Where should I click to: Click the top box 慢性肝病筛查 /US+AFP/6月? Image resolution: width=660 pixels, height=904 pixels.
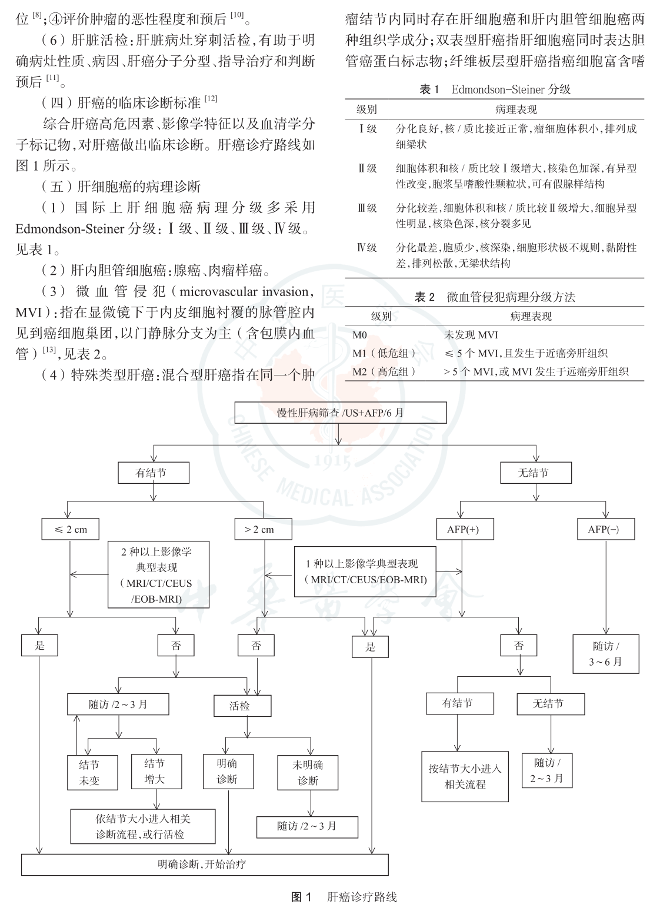340,413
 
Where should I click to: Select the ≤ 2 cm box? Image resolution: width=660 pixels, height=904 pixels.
70,529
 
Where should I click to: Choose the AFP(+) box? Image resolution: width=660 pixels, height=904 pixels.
464,529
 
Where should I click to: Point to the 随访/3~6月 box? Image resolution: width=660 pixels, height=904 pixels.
606,653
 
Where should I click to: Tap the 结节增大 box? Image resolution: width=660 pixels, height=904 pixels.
155,772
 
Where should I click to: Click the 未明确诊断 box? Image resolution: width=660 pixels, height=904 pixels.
308,772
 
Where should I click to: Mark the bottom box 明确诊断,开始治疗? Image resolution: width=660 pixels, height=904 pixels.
205,865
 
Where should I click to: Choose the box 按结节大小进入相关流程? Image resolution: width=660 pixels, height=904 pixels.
465,776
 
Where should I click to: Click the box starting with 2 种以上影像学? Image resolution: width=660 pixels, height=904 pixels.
158,575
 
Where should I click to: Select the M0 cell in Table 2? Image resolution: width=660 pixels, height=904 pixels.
360,335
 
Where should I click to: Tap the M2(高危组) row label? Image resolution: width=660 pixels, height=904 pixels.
384,371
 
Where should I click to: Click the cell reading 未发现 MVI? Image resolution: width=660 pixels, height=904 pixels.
471,335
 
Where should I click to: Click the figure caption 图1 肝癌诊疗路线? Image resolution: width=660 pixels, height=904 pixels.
345,897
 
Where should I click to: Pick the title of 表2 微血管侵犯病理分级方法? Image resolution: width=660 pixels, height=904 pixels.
494,297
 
